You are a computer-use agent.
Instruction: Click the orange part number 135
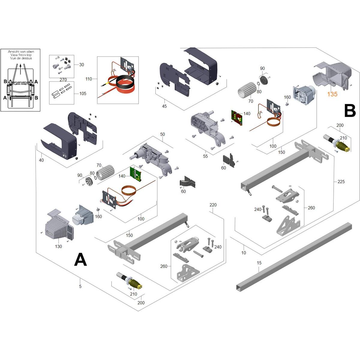(332, 94)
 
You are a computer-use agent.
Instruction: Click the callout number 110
(89, 79)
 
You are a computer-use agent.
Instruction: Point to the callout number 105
(83, 93)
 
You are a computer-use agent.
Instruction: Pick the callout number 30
(82, 64)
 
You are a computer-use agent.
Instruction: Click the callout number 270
(63, 79)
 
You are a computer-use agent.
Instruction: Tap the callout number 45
(164, 106)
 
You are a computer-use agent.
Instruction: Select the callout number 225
(341, 181)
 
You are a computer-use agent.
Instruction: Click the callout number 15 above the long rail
(259, 263)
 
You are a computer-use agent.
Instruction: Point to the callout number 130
(58, 246)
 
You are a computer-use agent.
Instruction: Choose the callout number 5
(80, 286)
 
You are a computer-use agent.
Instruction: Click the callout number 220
(213, 205)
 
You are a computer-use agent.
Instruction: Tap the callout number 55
(205, 156)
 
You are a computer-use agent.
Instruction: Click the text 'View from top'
(21, 55)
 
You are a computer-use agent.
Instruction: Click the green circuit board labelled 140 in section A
(135, 174)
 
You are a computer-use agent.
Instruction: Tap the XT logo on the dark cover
(64, 156)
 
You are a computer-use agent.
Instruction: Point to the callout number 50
(163, 134)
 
